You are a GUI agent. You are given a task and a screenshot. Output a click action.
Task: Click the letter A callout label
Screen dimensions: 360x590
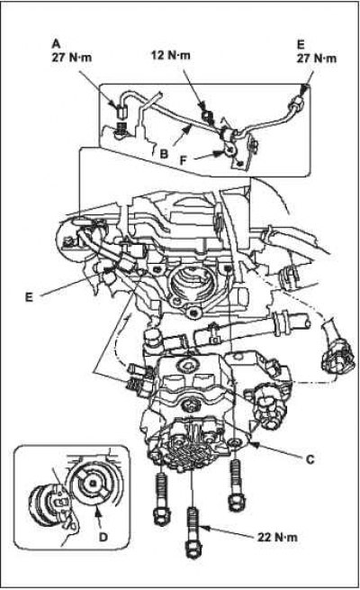tap(56, 43)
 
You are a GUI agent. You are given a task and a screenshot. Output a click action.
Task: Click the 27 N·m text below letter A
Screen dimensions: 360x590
tap(71, 58)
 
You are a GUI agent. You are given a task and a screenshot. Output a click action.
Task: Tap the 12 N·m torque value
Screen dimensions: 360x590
tap(171, 55)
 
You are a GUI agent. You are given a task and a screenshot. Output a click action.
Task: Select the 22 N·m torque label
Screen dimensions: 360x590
tap(277, 537)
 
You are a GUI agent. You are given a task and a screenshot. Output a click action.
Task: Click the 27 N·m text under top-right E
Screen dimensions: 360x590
tap(317, 59)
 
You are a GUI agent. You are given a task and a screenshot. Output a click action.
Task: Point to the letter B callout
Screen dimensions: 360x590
tap(164, 154)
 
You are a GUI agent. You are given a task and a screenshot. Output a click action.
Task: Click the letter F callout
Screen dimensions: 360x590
tap(184, 160)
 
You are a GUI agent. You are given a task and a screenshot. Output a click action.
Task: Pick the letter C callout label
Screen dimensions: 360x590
tap(310, 459)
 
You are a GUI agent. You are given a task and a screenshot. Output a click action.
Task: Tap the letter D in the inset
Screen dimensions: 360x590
tap(103, 537)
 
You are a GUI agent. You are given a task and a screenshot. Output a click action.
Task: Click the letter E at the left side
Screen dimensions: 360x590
tap(29, 297)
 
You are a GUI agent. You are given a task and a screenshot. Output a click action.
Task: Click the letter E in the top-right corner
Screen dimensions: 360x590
tap(301, 44)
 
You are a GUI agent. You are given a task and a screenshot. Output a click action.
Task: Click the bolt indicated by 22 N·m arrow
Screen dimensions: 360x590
tap(192, 531)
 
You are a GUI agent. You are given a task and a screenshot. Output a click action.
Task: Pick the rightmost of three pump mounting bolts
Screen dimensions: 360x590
tap(236, 486)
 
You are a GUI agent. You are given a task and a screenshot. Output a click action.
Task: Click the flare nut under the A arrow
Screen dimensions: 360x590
tap(121, 111)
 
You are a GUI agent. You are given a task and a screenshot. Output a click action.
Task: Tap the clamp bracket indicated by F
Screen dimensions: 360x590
tap(229, 150)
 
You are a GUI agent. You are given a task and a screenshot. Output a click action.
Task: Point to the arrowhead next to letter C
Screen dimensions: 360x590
tap(253, 445)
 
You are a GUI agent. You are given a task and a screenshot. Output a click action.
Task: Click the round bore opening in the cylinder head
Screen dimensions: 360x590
tap(187, 280)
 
